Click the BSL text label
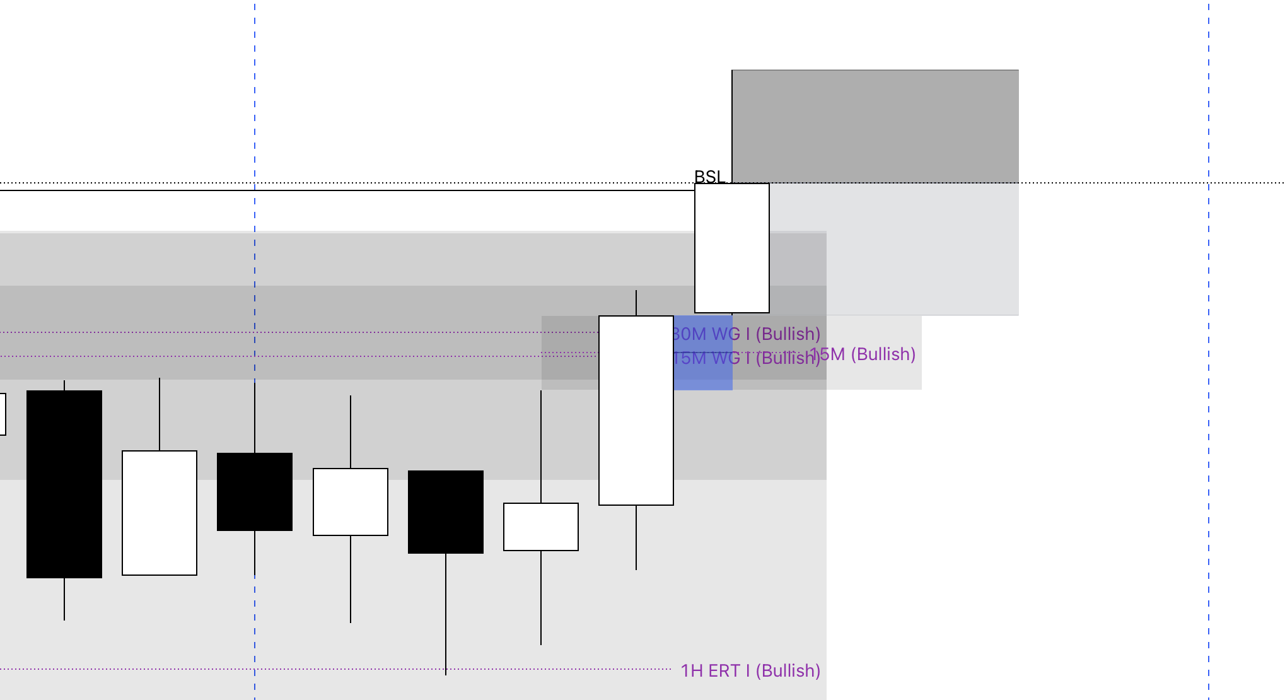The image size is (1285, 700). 709,177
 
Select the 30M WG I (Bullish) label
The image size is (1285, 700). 747,334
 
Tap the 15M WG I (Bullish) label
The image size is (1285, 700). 747,358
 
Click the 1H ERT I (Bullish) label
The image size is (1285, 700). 750,670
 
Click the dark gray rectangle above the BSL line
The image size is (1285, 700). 875,126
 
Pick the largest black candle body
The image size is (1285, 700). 64,484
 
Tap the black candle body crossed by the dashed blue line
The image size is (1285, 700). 255,492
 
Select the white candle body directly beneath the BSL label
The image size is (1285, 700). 732,248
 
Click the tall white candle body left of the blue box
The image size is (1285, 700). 636,410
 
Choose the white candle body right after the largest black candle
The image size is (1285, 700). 160,513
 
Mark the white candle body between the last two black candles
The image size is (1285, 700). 351,502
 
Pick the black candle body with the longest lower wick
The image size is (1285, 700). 446,512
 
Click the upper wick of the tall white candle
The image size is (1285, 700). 636,303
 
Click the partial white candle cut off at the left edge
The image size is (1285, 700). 3,414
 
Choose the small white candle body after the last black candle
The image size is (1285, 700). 541,527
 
